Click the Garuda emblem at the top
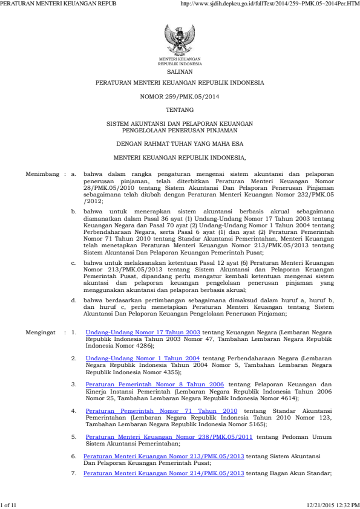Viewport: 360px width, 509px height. pyautogui.click(x=180, y=41)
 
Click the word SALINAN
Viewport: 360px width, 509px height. pyautogui.click(x=180, y=71)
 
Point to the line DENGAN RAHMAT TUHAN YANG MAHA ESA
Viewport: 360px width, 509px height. pyautogui.click(x=180, y=143)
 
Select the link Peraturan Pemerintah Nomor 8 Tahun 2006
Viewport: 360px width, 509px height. pyautogui.click(x=155, y=384)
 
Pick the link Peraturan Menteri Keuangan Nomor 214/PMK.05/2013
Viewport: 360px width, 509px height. pyautogui.click(x=164, y=473)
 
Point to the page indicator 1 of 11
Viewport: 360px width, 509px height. pyautogui.click(x=9, y=504)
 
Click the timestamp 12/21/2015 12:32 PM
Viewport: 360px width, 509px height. pyautogui.click(x=333, y=504)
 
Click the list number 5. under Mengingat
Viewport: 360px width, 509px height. pyautogui.click(x=74, y=436)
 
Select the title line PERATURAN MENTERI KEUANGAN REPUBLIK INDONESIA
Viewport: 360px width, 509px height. pyautogui.click(x=180, y=82)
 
